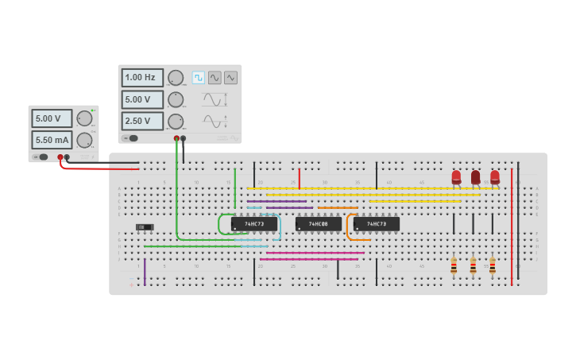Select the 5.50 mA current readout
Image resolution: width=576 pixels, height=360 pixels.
coord(52,140)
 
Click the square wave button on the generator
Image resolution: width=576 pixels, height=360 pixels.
coord(198,78)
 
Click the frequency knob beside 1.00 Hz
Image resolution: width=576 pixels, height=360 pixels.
coord(176,78)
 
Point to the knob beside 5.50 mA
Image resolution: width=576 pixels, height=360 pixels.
coord(84,140)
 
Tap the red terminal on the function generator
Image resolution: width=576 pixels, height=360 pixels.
coord(176,138)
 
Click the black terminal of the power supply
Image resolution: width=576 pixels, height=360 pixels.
coord(67,157)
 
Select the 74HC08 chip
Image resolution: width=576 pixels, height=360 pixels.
coord(319,224)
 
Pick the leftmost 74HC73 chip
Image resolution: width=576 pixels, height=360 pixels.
coord(254,224)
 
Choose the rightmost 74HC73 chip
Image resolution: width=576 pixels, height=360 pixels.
coord(376,224)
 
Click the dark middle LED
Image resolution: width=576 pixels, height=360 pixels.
coord(475,177)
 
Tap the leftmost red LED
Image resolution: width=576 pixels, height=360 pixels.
coord(456,177)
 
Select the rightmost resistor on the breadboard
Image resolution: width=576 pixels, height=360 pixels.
coord(493,266)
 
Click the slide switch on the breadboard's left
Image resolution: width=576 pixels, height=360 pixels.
coord(145,227)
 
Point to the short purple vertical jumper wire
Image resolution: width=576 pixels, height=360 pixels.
coord(145,271)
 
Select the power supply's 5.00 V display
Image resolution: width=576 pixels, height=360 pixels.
coord(52,118)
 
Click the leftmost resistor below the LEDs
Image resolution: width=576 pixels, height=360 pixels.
coord(454,266)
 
